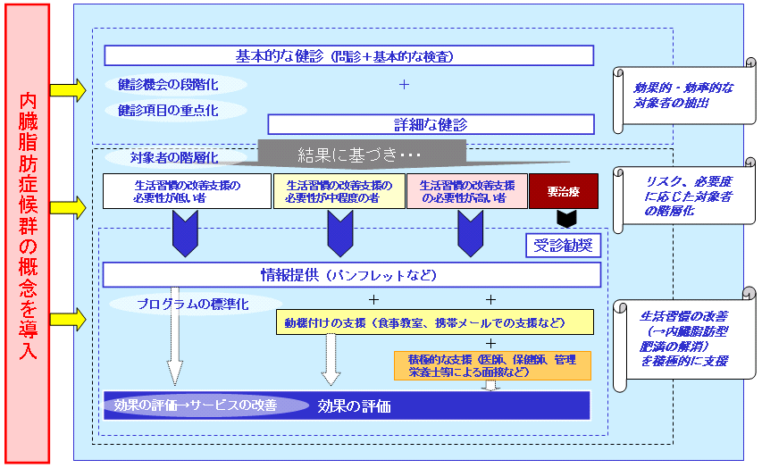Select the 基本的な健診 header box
348,55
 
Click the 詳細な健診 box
430,124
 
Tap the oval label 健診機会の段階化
167,85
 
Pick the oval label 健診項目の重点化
167,111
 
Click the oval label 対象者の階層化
174,157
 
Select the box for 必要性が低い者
187,191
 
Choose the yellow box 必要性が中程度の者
339,191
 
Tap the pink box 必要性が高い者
467,191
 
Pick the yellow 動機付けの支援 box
434,322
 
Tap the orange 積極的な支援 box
492,365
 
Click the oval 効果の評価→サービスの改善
196,405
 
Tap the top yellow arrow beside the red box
67,89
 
